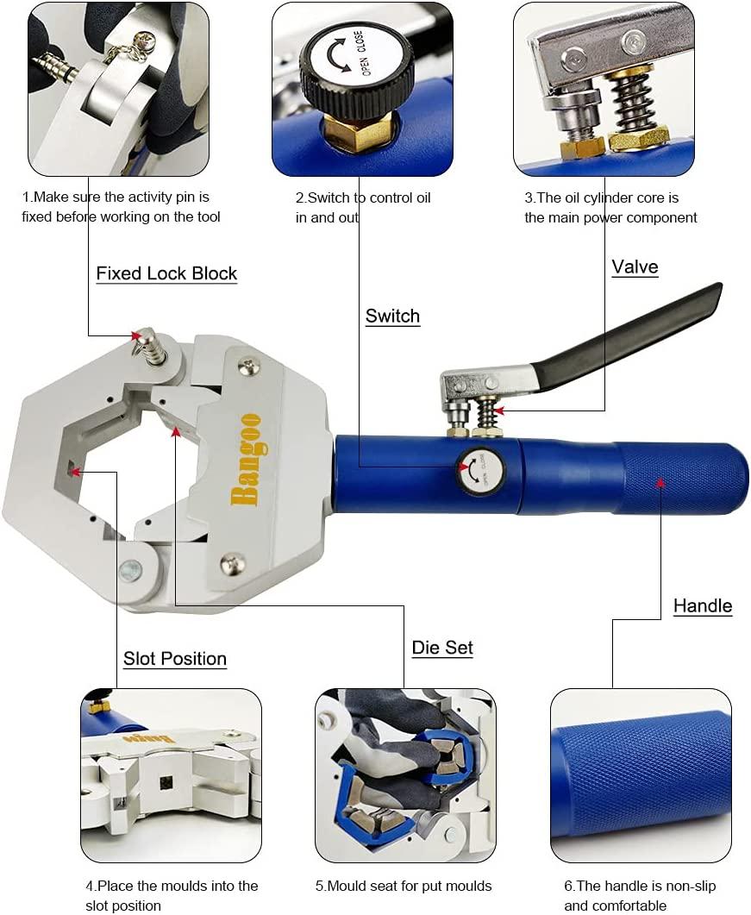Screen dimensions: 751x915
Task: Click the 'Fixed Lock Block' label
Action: (166, 273)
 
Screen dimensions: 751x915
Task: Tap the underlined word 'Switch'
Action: (392, 316)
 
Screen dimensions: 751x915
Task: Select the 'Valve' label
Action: (635, 266)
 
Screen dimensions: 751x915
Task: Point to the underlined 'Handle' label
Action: (703, 605)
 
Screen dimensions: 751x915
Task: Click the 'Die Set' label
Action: (442, 647)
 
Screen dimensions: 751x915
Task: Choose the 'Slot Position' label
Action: (175, 658)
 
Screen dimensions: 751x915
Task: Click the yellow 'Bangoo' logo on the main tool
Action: (246, 459)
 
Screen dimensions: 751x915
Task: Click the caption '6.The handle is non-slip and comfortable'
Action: (640, 895)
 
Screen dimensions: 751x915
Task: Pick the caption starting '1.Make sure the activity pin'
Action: (121, 207)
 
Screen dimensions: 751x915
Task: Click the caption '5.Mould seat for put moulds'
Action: (404, 886)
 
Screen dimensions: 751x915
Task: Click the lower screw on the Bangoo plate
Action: (231, 563)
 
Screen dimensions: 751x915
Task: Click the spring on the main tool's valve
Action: (486, 413)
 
